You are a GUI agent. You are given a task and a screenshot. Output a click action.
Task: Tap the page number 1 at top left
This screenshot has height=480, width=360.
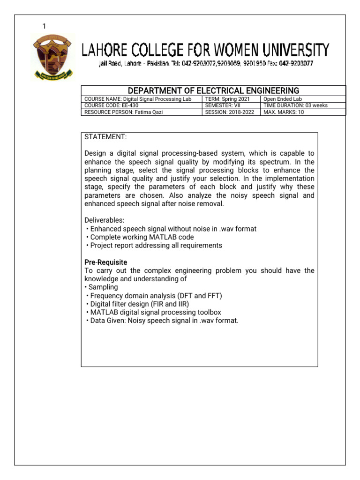pos(44,26)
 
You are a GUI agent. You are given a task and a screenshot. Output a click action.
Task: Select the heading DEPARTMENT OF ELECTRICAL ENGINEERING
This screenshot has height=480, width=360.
pos(213,90)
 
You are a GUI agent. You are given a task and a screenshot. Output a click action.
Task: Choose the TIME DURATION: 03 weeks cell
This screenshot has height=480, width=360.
pos(295,105)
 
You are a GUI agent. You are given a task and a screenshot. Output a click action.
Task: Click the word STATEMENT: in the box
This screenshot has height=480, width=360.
pos(105,137)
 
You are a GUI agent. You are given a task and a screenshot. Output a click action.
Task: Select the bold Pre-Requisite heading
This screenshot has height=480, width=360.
pos(106,262)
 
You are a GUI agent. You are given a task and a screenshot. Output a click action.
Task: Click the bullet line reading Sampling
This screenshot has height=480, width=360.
pos(103,287)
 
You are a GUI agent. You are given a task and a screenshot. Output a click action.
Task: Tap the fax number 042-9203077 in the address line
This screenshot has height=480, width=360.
pos(296,63)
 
